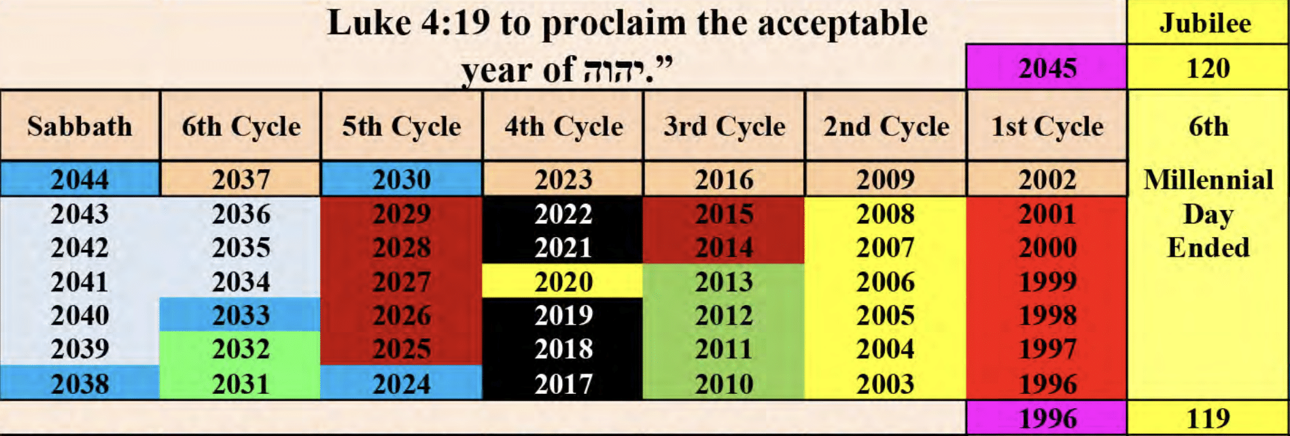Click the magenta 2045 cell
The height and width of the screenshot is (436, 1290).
(x=1047, y=67)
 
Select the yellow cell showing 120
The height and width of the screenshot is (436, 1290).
(x=1208, y=67)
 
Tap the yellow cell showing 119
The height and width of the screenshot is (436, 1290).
(x=1208, y=418)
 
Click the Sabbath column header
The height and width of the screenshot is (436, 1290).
(x=80, y=126)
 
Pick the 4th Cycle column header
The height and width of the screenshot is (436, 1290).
(x=563, y=126)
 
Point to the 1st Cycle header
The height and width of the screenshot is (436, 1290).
(x=1047, y=126)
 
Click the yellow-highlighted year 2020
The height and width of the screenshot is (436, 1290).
(x=563, y=281)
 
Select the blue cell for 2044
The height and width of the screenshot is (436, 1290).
(x=80, y=179)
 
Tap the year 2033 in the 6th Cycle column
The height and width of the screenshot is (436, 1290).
(x=241, y=315)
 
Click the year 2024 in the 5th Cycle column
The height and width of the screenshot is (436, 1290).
(x=402, y=383)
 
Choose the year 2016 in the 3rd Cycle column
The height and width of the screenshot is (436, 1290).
(x=724, y=179)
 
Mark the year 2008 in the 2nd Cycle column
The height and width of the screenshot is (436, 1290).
(x=885, y=214)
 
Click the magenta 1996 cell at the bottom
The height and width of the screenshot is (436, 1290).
(x=1047, y=418)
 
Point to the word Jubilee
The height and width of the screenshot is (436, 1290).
(x=1205, y=23)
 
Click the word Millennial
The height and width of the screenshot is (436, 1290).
(x=1208, y=179)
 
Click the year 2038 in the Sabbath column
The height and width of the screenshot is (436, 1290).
(x=80, y=383)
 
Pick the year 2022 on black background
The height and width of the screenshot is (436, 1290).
(x=563, y=214)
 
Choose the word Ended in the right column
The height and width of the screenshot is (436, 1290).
(x=1208, y=247)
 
